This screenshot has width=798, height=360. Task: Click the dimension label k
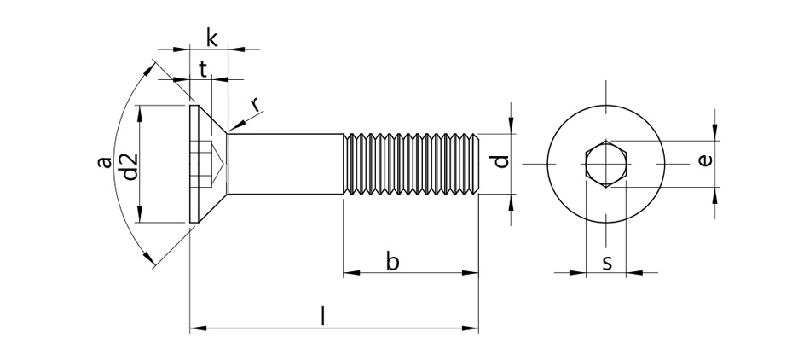pos(212,38)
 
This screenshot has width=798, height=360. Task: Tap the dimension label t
pos(203,69)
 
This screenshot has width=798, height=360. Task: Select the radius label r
pos(256,104)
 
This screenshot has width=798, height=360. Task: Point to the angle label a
pos(105,162)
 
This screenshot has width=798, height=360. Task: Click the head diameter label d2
pos(130,166)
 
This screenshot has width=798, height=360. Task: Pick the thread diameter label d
pos(501,161)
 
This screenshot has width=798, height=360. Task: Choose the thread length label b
pos(392,261)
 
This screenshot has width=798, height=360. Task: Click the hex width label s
pos(606,264)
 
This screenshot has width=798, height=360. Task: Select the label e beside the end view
pos(704,161)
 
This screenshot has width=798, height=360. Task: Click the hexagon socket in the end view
pos(605,164)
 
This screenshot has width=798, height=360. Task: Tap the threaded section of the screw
pos(411,164)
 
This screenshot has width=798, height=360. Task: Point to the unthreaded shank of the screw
pos(285,164)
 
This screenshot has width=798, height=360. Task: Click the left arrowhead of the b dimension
pos(351,273)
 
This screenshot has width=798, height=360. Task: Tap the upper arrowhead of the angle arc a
pos(148,69)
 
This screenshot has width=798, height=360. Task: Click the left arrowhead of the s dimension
pos(578,273)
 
